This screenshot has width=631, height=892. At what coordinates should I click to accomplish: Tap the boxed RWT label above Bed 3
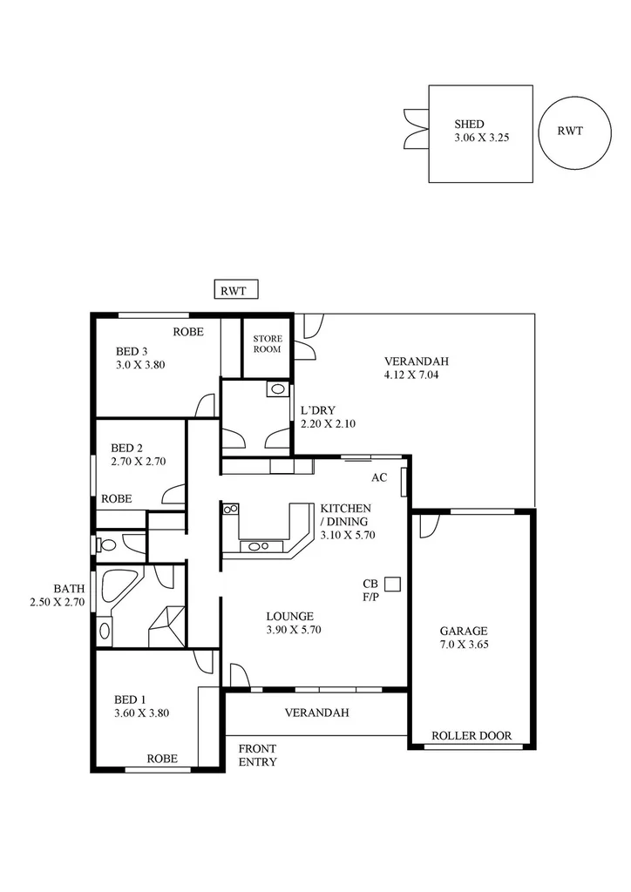pos(236,290)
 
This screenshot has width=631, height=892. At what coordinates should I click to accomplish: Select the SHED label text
pos(469,125)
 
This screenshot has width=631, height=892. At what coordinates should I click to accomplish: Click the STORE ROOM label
pos(267,343)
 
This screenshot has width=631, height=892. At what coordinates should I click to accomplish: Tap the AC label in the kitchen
pos(379,477)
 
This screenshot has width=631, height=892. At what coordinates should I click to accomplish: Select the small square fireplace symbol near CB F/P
pos(392,585)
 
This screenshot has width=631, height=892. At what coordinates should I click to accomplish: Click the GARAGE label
pos(463,631)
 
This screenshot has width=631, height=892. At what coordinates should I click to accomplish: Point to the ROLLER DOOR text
pos(472,735)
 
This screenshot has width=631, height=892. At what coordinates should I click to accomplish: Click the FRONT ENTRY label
pos(257,755)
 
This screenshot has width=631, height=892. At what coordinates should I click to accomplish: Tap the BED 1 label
pos(131,699)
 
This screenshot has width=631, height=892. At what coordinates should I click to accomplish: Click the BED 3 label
pos(132,352)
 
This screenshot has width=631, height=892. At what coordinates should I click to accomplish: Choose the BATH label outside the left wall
pos(69,588)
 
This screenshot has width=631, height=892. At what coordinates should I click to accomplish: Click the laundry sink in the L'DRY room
pos(277,389)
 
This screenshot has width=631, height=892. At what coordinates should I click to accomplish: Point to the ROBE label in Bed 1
pos(162,759)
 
